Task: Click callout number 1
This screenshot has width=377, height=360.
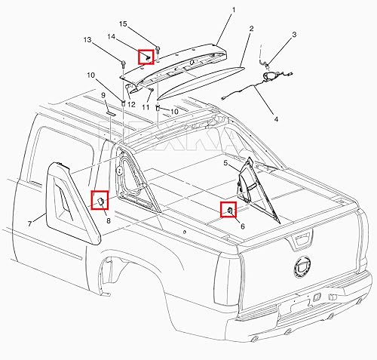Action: tap(233, 10)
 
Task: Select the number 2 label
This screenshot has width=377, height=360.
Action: tap(251, 29)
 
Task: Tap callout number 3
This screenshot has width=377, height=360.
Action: tap(294, 35)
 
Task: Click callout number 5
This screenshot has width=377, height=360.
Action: tap(225, 163)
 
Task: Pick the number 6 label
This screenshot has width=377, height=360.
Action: tap(242, 226)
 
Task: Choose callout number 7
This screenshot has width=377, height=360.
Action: tap(30, 223)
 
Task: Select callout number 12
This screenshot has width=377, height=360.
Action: tap(130, 103)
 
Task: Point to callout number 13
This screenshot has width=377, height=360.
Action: tap(87, 39)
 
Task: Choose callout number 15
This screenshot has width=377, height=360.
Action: tap(123, 23)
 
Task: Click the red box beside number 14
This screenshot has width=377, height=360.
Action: tap(145, 55)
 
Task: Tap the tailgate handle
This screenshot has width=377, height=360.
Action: tap(300, 242)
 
